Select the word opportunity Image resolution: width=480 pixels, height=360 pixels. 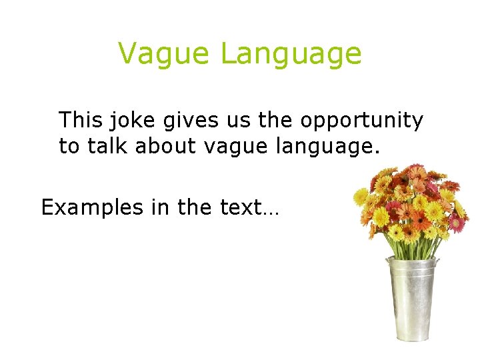coord(361,121)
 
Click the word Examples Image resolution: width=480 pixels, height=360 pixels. coord(92,208)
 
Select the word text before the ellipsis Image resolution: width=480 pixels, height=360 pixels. coord(240,208)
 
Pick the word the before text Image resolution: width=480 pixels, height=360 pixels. coord(195,207)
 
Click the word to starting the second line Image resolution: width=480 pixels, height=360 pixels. coord(69,146)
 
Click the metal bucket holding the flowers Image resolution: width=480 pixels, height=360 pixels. coord(413,300)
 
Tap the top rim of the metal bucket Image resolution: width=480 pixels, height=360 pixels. coord(413,262)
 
